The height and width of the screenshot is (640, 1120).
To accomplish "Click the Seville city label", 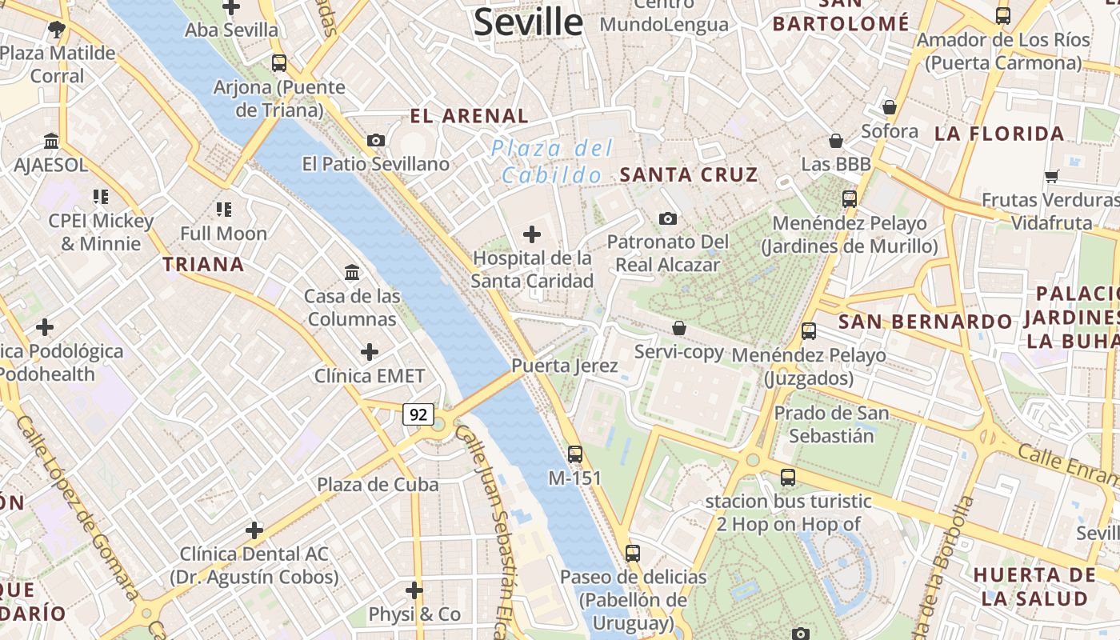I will [528, 22].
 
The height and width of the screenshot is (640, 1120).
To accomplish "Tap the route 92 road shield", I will [418, 414].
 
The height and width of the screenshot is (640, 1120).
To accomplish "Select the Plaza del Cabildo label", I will [552, 161].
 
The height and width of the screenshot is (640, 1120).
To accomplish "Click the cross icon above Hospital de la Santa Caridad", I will [531, 234].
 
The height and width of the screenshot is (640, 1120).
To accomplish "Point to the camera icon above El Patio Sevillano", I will [376, 140].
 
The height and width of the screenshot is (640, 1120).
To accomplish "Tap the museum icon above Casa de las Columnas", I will [352, 273].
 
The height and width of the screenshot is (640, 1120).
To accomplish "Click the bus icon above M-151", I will [575, 454].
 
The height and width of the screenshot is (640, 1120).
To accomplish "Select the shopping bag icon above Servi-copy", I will [679, 328].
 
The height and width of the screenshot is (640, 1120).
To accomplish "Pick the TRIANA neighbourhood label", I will [203, 264].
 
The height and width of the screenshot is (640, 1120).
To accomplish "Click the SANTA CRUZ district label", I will [689, 174].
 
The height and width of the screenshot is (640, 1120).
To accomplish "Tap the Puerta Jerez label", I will [565, 366].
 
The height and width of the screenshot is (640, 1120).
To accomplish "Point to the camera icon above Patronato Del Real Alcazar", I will [668, 218].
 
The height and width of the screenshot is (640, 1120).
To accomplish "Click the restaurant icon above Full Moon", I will [224, 210].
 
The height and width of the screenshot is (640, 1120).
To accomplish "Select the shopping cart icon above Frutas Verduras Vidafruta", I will [1051, 176].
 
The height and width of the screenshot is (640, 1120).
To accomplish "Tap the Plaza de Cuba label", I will [378, 485].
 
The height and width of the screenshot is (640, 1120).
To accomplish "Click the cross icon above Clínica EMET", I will [370, 352].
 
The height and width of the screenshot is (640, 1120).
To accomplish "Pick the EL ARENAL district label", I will [470, 116].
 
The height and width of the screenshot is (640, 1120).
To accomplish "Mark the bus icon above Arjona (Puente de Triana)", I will [279, 62].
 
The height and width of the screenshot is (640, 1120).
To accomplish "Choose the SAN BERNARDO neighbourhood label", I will [926, 322].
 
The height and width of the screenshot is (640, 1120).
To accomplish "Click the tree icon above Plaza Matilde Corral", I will [56, 30].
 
